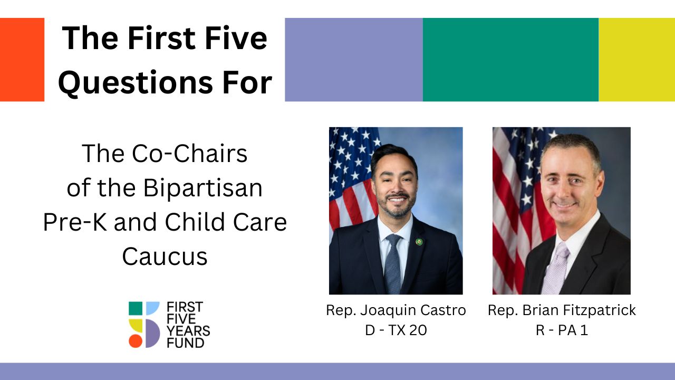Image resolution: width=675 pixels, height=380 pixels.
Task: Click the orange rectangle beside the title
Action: (22, 60)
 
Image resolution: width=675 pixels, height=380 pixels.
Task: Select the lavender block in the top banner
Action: (353, 60)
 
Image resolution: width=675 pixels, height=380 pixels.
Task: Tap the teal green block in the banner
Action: (510, 60)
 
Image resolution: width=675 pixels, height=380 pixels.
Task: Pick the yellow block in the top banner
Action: (637, 60)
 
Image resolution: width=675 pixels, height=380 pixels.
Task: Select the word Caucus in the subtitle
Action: (165, 256)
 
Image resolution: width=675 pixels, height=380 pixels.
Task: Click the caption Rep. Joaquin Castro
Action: (396, 310)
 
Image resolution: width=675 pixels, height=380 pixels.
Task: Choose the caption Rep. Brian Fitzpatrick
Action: (562, 310)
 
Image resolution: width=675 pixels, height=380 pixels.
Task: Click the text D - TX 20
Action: (396, 330)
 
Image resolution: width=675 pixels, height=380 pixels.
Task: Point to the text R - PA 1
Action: (562, 330)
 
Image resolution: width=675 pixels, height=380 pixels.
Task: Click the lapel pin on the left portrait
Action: (419, 242)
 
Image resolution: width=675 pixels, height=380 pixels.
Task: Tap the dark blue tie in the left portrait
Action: (393, 264)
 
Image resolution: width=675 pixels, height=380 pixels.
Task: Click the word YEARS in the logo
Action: (188, 331)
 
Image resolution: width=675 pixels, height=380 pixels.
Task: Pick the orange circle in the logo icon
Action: (136, 341)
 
